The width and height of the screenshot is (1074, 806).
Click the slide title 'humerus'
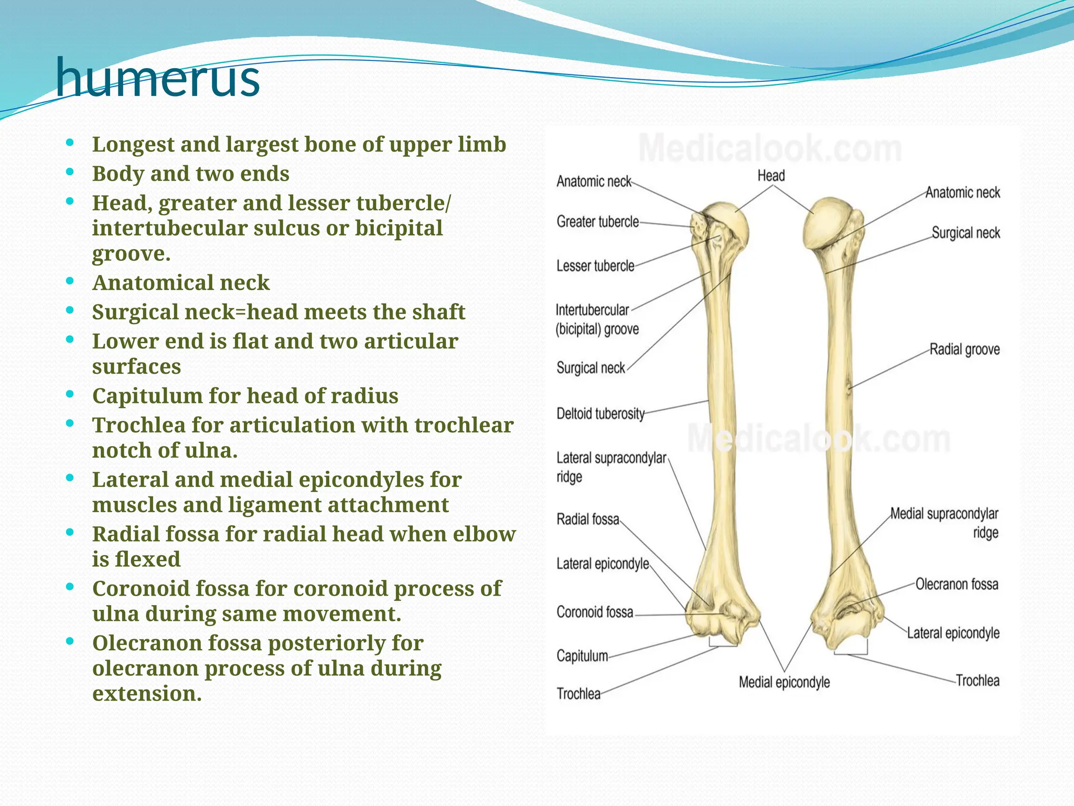157,79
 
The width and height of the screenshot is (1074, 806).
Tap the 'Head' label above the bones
771,176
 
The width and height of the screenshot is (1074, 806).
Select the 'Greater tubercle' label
597,222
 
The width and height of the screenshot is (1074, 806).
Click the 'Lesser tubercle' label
595,266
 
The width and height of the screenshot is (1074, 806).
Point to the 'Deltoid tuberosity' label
600,414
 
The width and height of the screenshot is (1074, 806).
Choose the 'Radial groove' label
964,349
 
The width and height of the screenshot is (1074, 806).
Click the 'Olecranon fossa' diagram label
957,584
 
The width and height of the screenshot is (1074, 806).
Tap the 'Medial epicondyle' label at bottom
784,682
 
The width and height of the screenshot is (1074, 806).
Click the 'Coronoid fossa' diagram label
595,612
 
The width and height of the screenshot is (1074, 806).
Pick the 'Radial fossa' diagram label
587,519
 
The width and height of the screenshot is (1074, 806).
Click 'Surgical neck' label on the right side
965,233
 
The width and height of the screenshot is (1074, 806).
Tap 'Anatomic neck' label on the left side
594,182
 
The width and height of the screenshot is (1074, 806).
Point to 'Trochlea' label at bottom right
977,681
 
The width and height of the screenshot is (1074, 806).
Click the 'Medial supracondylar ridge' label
944,523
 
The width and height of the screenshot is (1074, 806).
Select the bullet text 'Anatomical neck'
181,283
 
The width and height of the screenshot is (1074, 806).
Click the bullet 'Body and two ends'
190,174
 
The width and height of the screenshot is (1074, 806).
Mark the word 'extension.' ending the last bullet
147,694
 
